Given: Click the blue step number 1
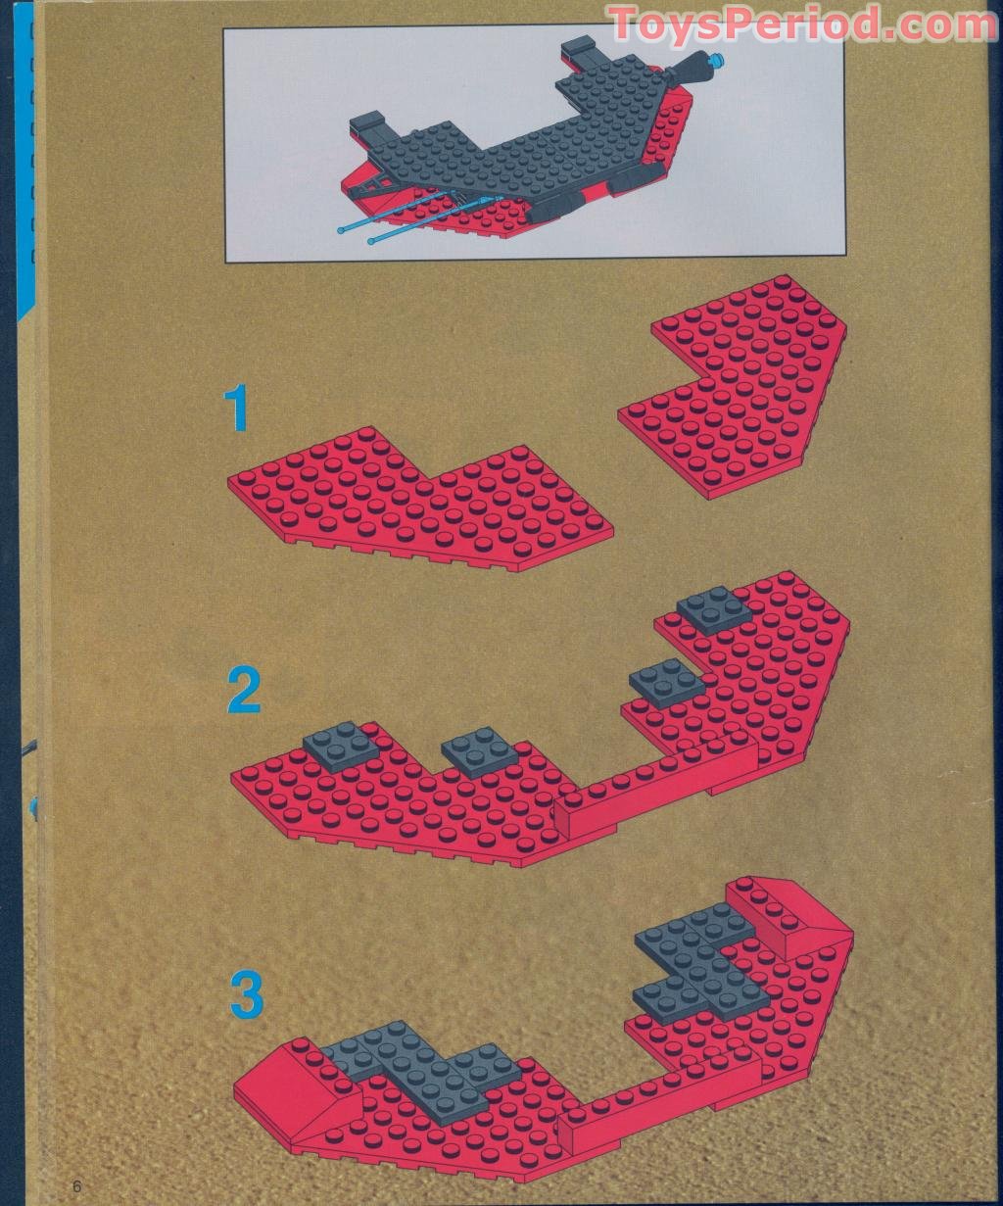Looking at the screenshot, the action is [x=236, y=409].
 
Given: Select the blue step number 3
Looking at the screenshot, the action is [x=247, y=992].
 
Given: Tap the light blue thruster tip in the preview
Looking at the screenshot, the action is [x=717, y=59].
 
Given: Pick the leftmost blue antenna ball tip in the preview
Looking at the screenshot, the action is [x=342, y=231].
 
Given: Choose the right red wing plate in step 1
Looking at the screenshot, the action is [x=733, y=386].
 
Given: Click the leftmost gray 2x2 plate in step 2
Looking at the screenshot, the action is [x=341, y=746].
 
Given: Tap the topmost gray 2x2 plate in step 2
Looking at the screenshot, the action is [x=714, y=610].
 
